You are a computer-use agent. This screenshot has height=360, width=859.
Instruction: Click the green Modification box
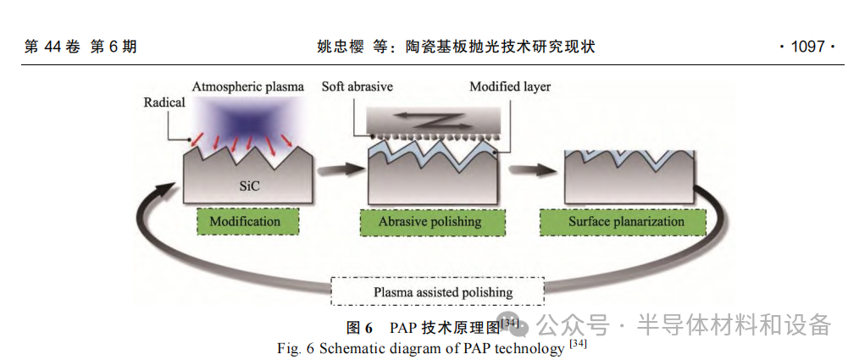coord(245,222)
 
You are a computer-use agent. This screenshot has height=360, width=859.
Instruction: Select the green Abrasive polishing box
coord(429,222)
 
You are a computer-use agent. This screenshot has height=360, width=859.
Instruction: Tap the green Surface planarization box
coord(625,222)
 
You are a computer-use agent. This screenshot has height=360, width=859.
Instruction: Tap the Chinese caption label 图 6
coord(359,328)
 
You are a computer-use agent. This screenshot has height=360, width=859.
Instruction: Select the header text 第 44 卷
coord(56,47)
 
